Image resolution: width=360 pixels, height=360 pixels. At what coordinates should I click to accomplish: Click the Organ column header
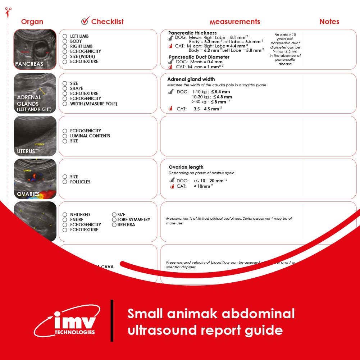tap(32, 22)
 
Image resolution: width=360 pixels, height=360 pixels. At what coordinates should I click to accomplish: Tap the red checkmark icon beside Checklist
tap(85, 21)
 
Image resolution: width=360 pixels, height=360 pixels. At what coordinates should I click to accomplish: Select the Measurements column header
tap(235, 22)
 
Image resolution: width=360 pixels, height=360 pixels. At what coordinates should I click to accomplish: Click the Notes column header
tap(329, 22)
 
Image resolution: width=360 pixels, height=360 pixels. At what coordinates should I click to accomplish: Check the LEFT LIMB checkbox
tap(65, 36)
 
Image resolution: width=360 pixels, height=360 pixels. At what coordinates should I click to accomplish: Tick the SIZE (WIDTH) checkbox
tap(65, 56)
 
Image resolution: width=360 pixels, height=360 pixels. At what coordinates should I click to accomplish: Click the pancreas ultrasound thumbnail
tap(35, 49)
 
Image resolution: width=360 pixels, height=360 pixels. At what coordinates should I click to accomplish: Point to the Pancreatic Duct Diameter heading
tap(199, 57)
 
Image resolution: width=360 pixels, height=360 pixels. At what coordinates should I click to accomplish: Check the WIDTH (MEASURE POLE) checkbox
tap(65, 104)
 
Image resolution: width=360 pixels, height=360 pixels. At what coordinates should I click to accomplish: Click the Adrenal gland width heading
tap(191, 79)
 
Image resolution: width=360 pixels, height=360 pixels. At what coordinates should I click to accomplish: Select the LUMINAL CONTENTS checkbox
tap(65, 136)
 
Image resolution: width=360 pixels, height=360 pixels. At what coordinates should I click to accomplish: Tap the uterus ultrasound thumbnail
tap(35, 136)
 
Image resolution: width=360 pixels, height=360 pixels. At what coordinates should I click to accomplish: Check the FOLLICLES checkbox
tap(65, 182)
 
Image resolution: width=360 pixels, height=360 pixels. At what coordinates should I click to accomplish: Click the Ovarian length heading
tap(186, 167)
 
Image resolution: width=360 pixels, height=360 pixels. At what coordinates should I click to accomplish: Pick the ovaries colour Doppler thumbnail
tap(35, 179)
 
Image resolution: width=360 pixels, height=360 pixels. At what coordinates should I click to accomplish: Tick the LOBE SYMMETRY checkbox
tap(114, 220)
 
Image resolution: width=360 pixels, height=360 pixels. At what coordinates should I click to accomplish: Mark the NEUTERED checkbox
tap(65, 215)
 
